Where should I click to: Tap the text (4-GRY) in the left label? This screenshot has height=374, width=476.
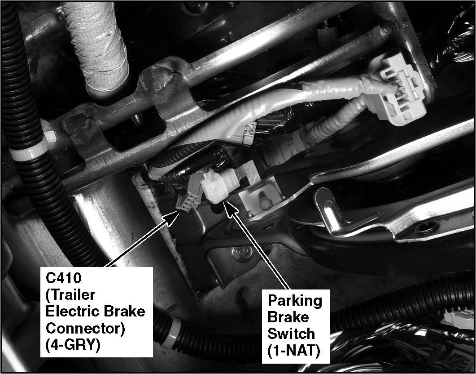(73, 345)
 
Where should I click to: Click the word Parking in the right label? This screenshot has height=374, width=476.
(294, 301)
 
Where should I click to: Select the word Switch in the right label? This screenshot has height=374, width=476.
(291, 334)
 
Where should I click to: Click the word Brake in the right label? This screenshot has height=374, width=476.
(288, 317)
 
